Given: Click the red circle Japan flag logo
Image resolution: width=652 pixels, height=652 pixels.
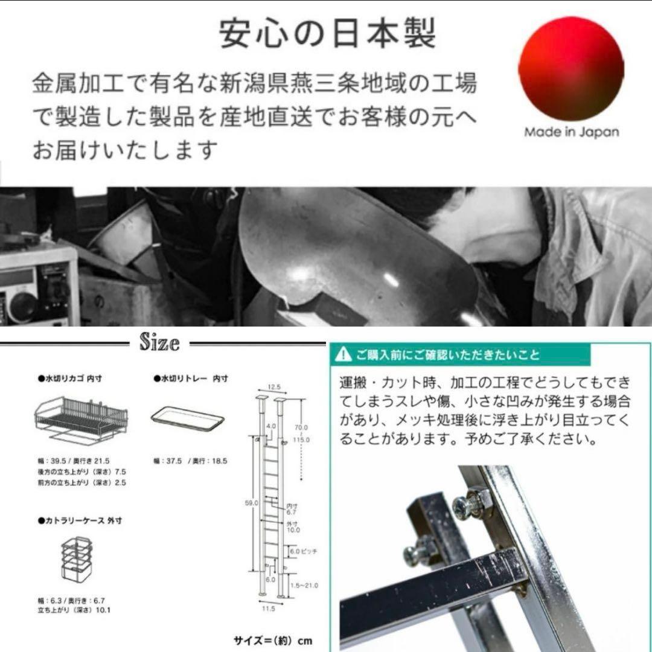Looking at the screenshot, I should coord(570,68).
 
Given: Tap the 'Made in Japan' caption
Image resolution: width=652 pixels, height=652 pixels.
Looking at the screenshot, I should coord(571,132).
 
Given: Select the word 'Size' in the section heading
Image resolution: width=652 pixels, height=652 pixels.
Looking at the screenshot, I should coord(159,343).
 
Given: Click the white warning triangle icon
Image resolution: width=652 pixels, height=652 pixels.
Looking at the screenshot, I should coord(344,354).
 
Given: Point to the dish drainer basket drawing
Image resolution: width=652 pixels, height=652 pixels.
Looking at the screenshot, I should coord(82,417).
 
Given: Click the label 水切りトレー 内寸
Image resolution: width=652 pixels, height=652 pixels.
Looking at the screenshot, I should coord(191,379).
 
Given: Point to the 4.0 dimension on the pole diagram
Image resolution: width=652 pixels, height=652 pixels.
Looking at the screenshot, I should coord(271,426).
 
